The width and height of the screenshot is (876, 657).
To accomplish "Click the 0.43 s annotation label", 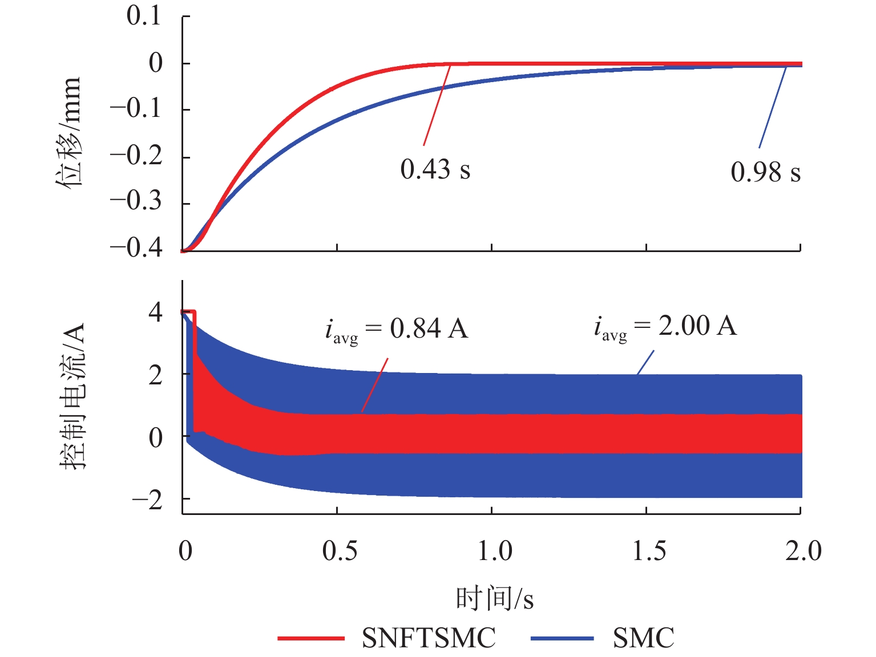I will coord(435,169).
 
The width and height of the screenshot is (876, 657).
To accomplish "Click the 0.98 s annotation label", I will coord(765,172).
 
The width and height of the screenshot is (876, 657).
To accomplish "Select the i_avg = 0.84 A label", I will coord(397,330).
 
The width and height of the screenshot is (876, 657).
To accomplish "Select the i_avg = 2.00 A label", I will coord(665,327).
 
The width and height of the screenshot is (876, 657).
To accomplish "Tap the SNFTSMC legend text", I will coord(429,638).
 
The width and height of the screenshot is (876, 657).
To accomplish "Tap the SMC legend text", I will coord(643,638).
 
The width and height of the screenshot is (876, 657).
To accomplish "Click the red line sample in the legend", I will coord(311,638).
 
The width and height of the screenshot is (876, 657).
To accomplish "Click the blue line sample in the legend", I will coord(562,638).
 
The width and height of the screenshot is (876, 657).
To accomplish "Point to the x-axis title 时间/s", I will coord(494,599).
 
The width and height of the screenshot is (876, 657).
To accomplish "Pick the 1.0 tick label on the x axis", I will coord(494,551).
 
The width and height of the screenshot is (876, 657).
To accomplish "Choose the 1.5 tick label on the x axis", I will coord(649,551).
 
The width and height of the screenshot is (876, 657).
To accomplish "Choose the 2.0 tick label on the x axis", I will coord(803,551).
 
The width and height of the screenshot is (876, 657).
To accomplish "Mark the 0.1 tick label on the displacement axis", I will coord(144,16).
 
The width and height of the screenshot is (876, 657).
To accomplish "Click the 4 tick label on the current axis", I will coord(155,313).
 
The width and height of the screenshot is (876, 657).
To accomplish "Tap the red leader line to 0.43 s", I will coord(437,106).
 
